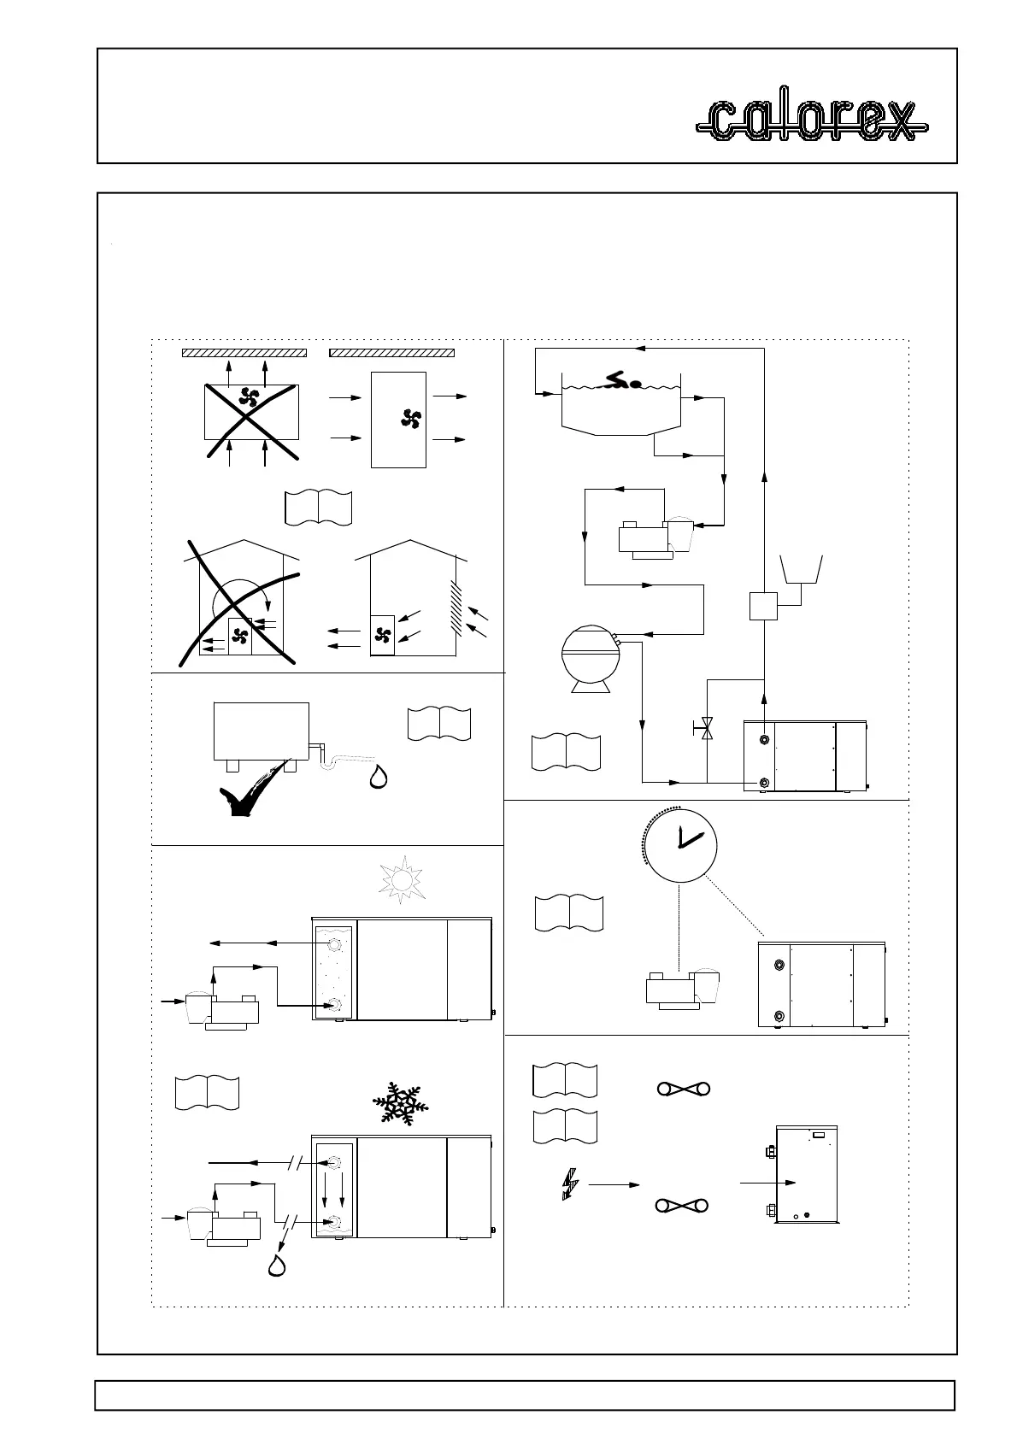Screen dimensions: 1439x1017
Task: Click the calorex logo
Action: coord(811,121)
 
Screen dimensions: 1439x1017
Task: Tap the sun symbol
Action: coord(402,881)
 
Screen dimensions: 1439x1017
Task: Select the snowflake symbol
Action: coord(401,1103)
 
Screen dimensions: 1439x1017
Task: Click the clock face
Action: coord(679,843)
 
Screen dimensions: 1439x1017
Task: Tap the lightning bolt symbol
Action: coord(569,1184)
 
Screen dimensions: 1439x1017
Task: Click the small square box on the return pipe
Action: coord(763,605)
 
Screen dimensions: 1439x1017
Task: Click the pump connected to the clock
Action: coord(684,989)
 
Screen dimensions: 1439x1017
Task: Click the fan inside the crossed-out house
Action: coord(240,636)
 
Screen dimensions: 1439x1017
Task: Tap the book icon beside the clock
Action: coord(568,913)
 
